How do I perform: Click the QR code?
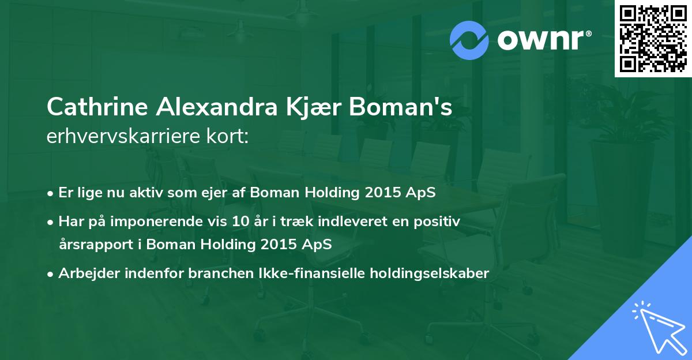[x=653, y=39]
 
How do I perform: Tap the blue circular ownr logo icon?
[x=469, y=40]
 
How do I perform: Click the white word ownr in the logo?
[x=540, y=40]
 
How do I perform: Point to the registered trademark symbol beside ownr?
[x=588, y=33]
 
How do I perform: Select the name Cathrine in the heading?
[x=97, y=107]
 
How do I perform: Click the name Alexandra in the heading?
[x=217, y=107]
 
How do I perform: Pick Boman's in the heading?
[x=401, y=107]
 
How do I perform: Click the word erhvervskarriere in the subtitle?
[x=123, y=136]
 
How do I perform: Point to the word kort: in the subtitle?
[x=228, y=136]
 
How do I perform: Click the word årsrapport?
[x=96, y=245]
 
